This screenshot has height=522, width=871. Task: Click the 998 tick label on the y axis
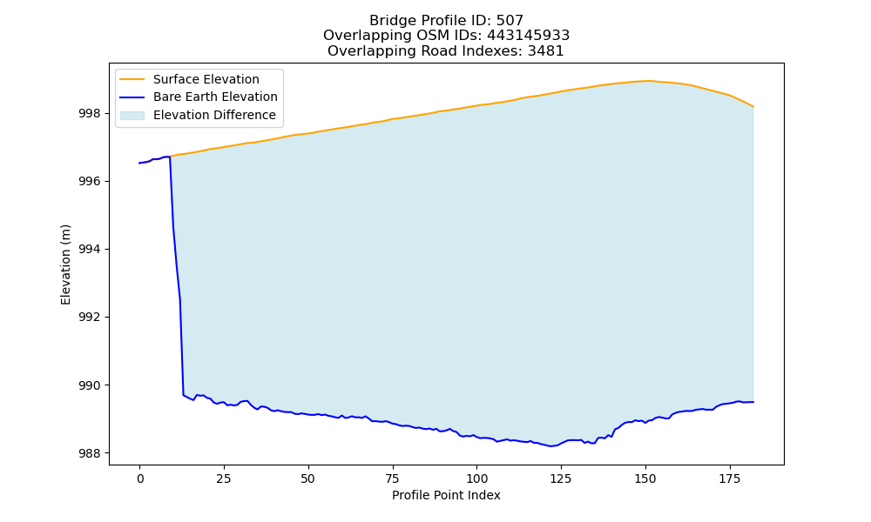(x=91, y=114)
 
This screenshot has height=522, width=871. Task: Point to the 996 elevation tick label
(x=91, y=182)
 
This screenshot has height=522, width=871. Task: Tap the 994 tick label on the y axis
(x=91, y=250)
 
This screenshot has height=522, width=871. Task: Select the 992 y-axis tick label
(x=91, y=318)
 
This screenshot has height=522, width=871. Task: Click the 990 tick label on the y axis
(x=91, y=385)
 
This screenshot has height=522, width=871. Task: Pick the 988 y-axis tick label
(x=91, y=454)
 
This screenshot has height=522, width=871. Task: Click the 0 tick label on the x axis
(x=140, y=478)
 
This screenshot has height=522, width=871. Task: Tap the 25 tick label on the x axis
(x=224, y=478)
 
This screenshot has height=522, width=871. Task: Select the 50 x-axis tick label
(x=308, y=478)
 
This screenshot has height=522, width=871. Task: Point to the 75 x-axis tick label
(x=392, y=478)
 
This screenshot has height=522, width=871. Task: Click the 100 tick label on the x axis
(x=476, y=478)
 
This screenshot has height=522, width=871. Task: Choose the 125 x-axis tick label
(x=561, y=478)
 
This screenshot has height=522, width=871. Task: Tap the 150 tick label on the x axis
(x=645, y=478)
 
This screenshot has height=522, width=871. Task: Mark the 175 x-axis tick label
(x=729, y=478)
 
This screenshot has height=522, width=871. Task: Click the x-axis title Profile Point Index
(x=446, y=495)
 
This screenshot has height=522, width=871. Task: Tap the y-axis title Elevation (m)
(x=65, y=264)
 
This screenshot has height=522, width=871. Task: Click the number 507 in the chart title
(x=510, y=21)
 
